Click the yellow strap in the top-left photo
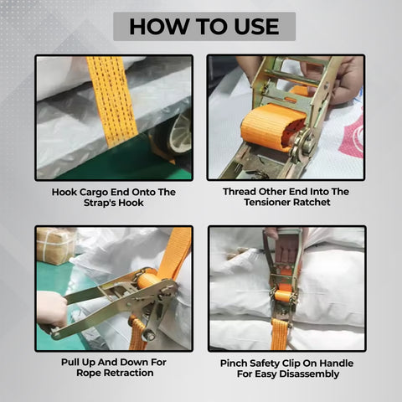tap(111, 96)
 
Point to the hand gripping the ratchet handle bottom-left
tap(51, 311)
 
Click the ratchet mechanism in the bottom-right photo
tap(282, 289)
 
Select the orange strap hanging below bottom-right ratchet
tap(280, 332)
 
